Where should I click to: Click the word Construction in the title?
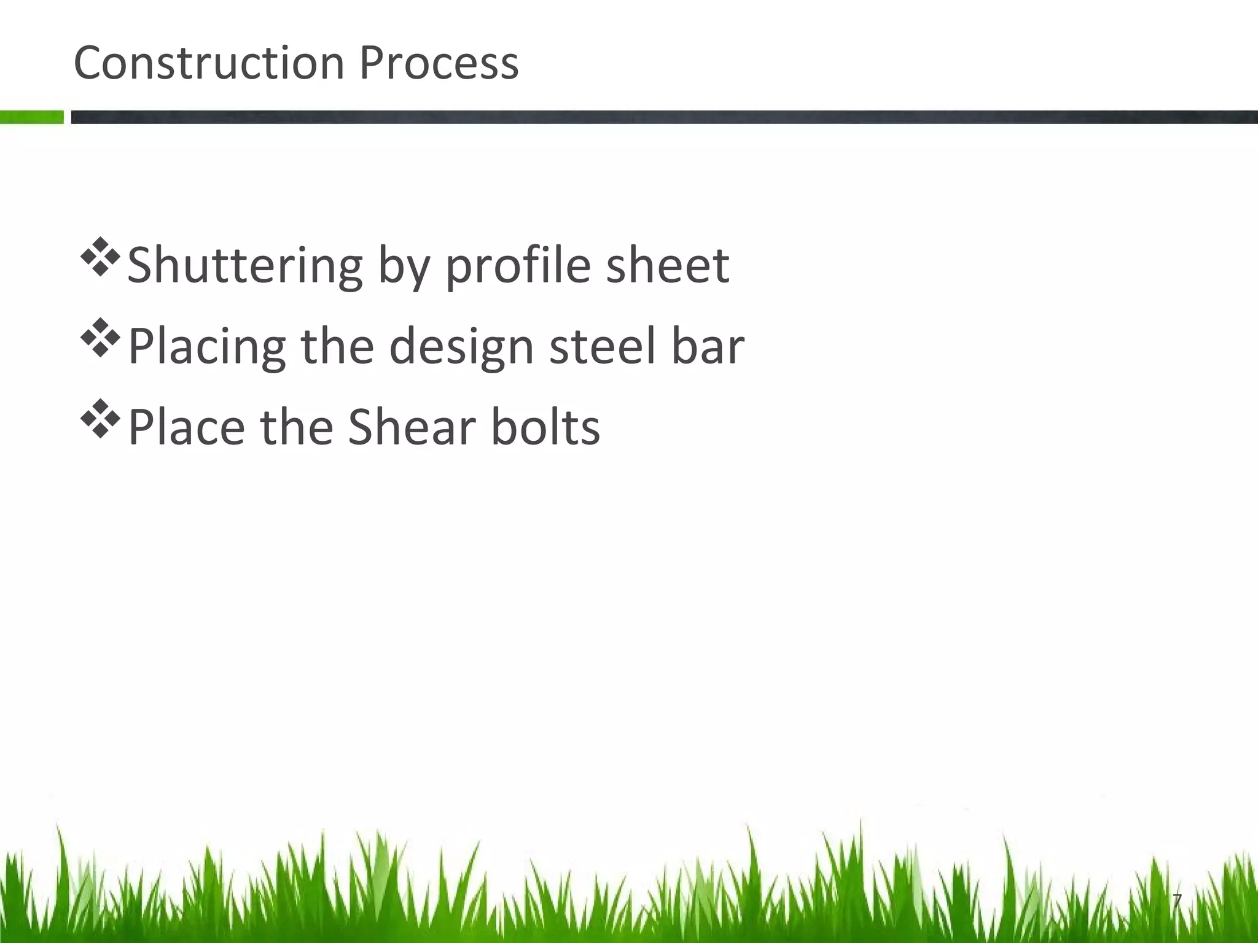(x=209, y=63)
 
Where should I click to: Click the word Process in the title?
(x=439, y=63)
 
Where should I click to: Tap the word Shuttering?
(x=245, y=266)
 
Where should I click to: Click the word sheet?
(x=668, y=265)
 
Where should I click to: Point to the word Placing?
(x=207, y=347)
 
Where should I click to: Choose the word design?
(x=461, y=347)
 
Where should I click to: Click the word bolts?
(x=545, y=427)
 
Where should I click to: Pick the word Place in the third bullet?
(x=187, y=427)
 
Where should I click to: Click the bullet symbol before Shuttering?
(x=99, y=259)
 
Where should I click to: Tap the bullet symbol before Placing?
(x=99, y=339)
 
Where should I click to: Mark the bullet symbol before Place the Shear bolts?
(x=99, y=419)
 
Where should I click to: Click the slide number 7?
(x=1176, y=901)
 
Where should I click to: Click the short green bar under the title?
(x=31, y=117)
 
